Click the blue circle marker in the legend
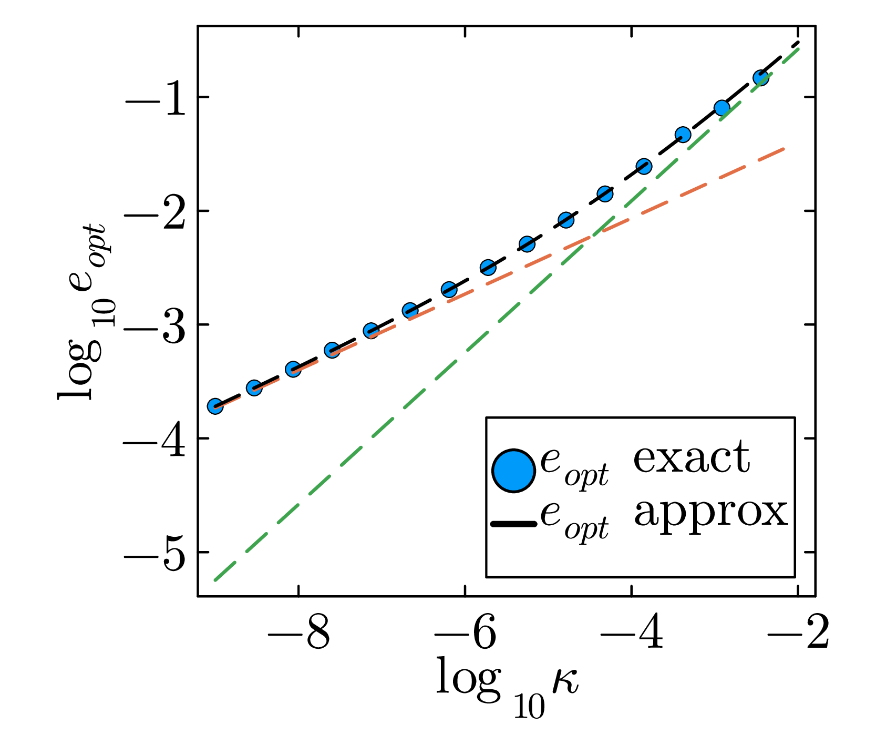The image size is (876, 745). click(x=513, y=471)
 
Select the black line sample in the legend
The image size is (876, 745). click(x=513, y=524)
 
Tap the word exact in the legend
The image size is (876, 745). click(x=692, y=457)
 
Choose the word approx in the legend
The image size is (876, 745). click(x=711, y=514)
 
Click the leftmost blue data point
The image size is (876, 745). click(x=215, y=406)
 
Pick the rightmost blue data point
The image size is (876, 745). click(x=760, y=78)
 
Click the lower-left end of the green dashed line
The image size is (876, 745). click(x=214, y=580)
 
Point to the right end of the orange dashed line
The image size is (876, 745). click(x=784, y=149)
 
